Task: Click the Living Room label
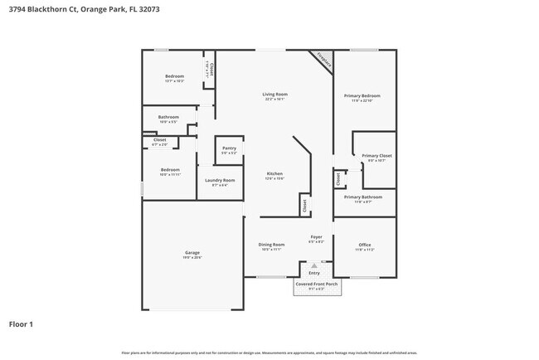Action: [274, 95]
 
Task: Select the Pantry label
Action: [228, 148]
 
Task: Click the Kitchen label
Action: [274, 173]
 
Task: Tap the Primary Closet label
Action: [376, 156]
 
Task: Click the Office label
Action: [364, 245]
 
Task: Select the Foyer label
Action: [316, 237]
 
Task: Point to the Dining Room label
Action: [271, 245]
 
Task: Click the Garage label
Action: [192, 253]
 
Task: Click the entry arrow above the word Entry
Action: [314, 264]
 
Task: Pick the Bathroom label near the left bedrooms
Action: [169, 117]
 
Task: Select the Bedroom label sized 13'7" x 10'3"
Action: [174, 76]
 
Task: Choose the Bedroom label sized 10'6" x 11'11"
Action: [169, 171]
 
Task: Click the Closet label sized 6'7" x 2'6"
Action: [159, 140]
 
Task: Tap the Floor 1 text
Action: [21, 324]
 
